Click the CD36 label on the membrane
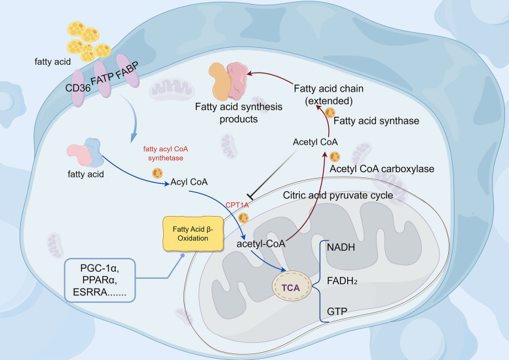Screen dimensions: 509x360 78,88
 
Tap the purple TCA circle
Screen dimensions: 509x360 291,286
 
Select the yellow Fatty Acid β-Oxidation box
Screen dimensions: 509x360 193,234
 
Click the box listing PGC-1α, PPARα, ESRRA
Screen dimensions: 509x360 100,280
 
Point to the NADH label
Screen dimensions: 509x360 341,247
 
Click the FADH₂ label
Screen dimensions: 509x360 342,281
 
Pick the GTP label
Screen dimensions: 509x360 337,312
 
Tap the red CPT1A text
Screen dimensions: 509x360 237,205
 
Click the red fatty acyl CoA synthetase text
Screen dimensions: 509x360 166,153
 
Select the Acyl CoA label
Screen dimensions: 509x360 189,182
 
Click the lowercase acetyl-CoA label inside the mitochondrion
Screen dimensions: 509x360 261,243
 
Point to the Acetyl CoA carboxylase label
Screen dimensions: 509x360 382,169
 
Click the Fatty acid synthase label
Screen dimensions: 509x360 376,121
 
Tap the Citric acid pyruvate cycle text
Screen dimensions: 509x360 338,195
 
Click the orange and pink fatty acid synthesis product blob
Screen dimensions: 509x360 228,81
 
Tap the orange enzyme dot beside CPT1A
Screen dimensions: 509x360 243,217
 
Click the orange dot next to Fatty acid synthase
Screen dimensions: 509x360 330,113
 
